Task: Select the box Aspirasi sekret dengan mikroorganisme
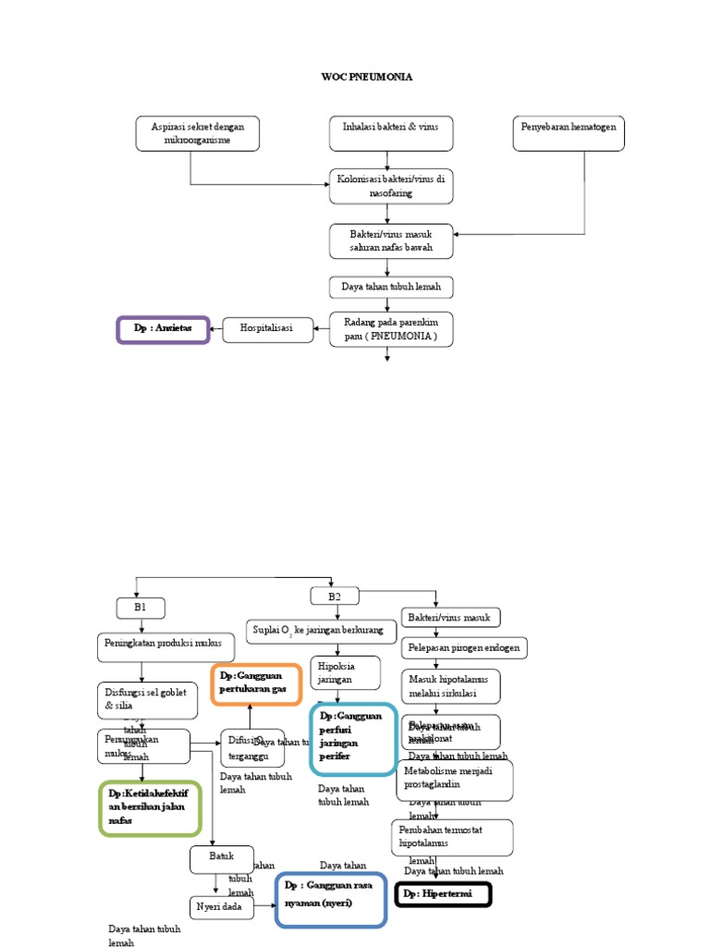[197, 132]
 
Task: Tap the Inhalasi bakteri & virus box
[391, 132]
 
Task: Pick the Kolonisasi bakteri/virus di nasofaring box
[391, 186]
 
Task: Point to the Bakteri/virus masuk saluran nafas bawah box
[391, 240]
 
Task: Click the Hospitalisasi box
[266, 328]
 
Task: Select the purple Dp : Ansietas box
[163, 329]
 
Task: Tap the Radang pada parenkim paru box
[391, 329]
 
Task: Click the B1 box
[141, 608]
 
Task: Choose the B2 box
[335, 596]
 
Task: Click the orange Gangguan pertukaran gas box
[256, 684]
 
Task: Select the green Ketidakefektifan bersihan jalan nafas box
[148, 807]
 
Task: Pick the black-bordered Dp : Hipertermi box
[443, 894]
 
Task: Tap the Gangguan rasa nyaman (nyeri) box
[330, 898]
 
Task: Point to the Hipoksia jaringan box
[347, 673]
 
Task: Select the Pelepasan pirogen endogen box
[463, 648]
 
